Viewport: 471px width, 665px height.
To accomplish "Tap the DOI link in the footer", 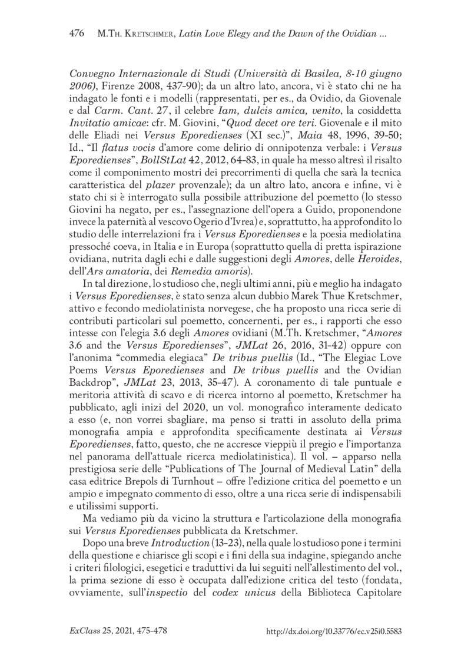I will click(x=333, y=630).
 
